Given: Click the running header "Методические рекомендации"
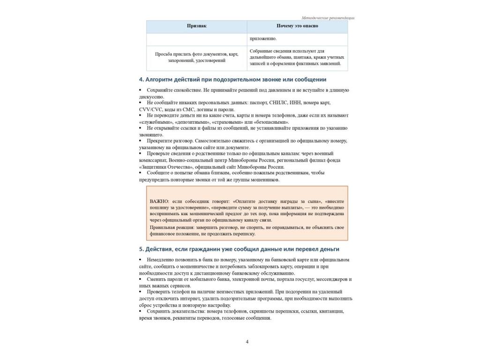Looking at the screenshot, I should coord(328,18).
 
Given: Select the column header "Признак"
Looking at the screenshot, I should coord(196,26).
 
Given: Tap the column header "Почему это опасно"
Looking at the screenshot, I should coord(297,26).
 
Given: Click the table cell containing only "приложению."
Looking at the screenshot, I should coord(263,39).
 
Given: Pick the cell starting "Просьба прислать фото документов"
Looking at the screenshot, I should coord(196,57).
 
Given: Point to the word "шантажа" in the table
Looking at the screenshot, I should coord(306,57).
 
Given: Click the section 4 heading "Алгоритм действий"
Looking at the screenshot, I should coord(232,80).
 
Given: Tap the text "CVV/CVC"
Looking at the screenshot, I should coord(150,109).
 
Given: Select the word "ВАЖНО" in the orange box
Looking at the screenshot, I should coord(157,201).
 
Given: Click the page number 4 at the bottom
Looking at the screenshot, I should coord(247,342).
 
